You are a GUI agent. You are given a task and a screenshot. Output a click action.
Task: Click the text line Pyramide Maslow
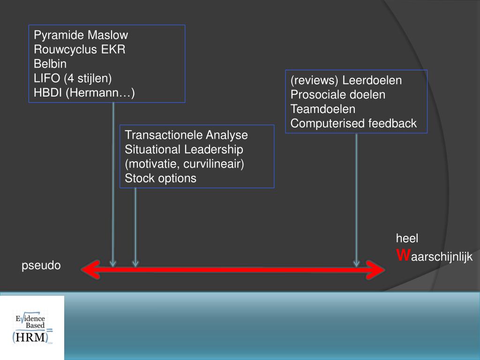[x=81, y=35]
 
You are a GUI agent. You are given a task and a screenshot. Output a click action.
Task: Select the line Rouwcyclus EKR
[x=80, y=49]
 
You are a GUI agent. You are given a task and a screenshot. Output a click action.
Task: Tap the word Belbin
[x=50, y=63]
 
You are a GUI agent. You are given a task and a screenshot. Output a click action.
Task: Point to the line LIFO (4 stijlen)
[x=73, y=78]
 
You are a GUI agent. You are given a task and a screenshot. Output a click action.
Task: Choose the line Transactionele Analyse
[x=186, y=135]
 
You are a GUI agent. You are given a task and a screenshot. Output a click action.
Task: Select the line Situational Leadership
[x=184, y=150]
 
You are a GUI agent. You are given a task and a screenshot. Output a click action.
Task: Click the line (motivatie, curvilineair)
[x=185, y=164]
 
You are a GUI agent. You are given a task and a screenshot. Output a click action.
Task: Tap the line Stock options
[x=160, y=179]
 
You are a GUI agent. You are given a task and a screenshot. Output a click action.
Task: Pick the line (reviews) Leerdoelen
[x=346, y=80]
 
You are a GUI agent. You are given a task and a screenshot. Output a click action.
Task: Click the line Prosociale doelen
[x=337, y=95]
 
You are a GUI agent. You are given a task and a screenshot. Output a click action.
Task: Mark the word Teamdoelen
[x=323, y=109]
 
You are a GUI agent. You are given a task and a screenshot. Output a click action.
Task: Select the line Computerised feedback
[x=353, y=124]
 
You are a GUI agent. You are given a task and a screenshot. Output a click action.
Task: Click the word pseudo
[x=41, y=266]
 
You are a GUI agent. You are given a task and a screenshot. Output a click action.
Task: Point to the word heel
[x=407, y=238]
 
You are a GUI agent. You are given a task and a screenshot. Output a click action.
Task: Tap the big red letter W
[x=403, y=255]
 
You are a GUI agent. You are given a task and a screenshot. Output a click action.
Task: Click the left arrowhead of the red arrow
[x=90, y=270]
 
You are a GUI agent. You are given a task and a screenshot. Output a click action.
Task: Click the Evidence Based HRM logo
[x=32, y=328]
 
